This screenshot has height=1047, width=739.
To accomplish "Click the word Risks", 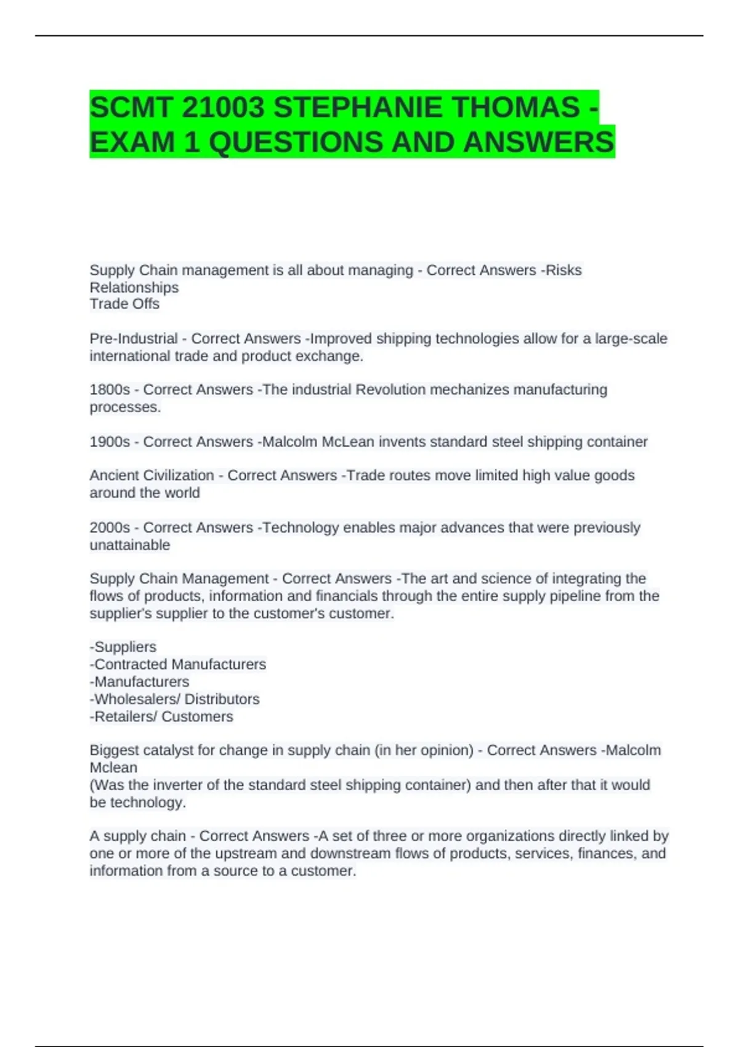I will [x=563, y=270].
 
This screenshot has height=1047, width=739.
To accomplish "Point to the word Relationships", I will [x=134, y=288].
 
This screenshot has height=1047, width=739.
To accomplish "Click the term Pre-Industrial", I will [x=134, y=339].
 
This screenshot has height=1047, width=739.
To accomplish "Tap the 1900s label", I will [x=110, y=442].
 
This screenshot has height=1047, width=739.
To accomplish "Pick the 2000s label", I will [x=110, y=528].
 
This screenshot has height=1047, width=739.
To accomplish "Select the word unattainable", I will [x=130, y=545].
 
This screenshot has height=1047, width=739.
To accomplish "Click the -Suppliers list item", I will [x=123, y=647].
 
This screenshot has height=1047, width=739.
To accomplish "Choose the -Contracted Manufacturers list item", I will [x=178, y=665].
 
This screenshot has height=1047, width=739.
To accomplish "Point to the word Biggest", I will [x=115, y=751].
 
